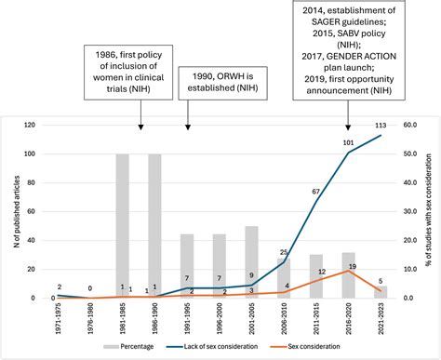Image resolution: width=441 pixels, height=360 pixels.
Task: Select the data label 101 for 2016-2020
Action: tap(348, 142)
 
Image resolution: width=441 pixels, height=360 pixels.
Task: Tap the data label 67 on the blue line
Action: tap(315, 192)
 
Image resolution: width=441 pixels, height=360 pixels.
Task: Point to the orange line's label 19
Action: tap(353, 241)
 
